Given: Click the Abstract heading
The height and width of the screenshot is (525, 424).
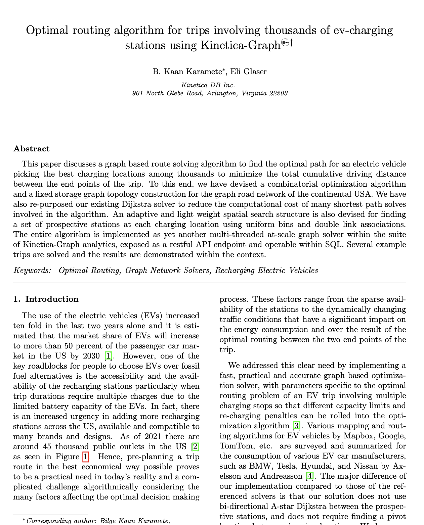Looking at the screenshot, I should [31, 149].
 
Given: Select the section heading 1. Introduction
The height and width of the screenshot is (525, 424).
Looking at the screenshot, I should [46, 299].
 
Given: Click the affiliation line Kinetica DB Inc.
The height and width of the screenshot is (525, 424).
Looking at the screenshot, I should [208, 85].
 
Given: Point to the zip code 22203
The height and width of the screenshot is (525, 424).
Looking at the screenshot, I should [279, 93].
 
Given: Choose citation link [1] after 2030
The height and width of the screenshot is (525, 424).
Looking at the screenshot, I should [108, 356].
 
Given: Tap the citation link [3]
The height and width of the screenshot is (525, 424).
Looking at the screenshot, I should [296, 426].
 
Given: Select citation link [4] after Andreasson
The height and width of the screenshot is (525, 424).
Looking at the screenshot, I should [309, 476].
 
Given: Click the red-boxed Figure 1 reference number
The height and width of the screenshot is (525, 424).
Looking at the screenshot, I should [86, 457].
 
